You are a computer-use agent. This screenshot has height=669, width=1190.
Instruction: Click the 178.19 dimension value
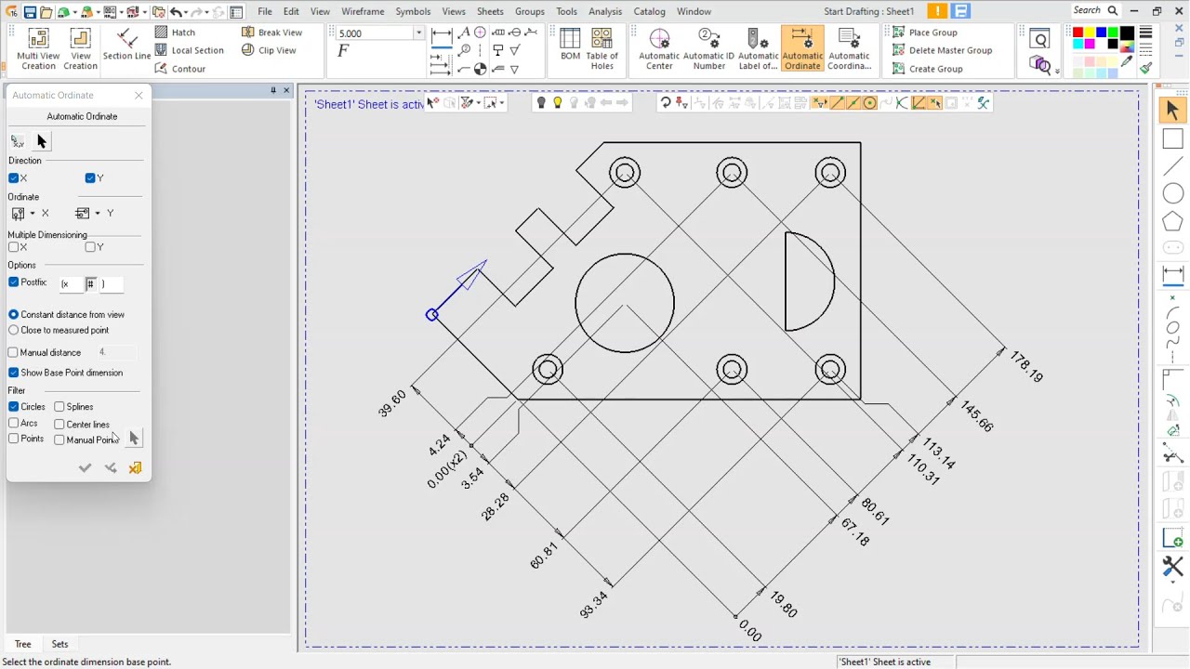(x=1026, y=367)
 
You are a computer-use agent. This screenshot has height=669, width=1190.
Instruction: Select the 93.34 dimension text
(x=593, y=605)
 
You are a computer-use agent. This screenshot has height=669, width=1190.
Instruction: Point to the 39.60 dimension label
(x=392, y=403)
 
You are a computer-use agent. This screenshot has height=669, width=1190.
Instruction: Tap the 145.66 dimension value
(x=977, y=416)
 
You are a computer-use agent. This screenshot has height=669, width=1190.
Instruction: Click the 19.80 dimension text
(x=784, y=605)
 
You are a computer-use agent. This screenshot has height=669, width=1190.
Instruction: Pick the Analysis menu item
(x=605, y=11)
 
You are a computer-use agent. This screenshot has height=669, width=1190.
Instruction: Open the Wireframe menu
(x=363, y=11)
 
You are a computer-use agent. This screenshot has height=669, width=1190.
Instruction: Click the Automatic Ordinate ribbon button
(x=802, y=49)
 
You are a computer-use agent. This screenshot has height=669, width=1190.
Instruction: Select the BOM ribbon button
(x=570, y=49)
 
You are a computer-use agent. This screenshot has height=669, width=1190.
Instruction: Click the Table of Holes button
(x=602, y=49)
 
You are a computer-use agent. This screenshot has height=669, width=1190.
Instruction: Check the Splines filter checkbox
(x=59, y=407)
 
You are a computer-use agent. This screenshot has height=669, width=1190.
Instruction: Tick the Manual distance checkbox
(x=14, y=353)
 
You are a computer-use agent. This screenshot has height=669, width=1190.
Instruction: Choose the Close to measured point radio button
(x=14, y=330)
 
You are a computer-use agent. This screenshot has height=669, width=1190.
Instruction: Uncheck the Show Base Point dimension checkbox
(x=14, y=373)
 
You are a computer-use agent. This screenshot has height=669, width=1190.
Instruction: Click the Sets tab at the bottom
(x=59, y=644)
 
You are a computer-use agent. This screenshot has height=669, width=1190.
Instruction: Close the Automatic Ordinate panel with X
(x=139, y=95)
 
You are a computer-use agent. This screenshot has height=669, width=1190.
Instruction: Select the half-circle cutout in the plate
(x=833, y=279)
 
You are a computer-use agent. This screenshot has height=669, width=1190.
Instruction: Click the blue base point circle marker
(x=432, y=315)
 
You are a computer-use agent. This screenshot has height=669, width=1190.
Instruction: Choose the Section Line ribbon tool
(x=126, y=45)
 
